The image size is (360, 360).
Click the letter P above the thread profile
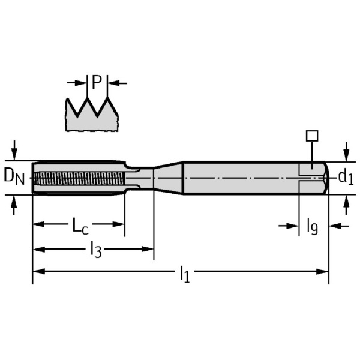point(97,82)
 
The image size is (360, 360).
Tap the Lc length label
point(80,226)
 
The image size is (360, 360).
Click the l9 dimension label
point(312,226)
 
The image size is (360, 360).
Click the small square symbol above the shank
point(311,136)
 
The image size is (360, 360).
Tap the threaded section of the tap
point(78,178)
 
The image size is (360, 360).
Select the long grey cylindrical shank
point(240,178)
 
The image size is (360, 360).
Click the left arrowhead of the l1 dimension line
point(36,272)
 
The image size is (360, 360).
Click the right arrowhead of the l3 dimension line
point(149,248)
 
